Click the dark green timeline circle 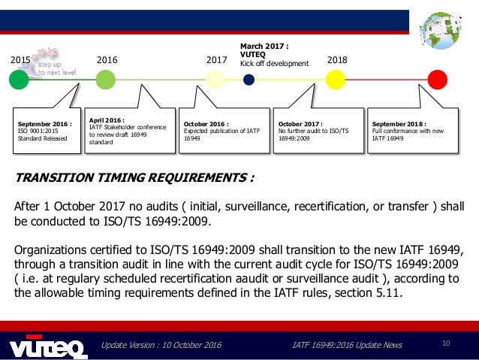18,80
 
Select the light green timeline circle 106,79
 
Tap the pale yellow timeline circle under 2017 215,80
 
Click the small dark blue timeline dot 249,79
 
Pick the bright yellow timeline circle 336,79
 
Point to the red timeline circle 437,79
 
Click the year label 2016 108,59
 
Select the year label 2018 338,59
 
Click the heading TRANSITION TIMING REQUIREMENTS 134,179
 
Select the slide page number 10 446,344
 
